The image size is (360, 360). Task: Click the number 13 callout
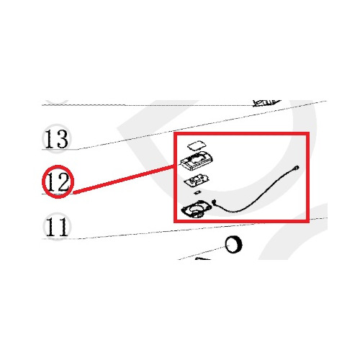56,139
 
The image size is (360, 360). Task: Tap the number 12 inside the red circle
58,181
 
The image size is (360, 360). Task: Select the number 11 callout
57,227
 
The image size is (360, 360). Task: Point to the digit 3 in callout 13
63,139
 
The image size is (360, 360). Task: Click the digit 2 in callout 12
63,181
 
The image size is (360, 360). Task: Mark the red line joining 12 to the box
124,179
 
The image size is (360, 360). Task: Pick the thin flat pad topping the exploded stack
197,145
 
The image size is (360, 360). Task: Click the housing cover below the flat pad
197,161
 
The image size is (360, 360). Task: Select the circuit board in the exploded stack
197,180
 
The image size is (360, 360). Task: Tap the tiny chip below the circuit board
197,192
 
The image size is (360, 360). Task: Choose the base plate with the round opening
197,210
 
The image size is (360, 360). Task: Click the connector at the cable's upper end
297,168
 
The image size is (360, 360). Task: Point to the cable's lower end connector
215,202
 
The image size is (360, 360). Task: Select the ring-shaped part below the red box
233,245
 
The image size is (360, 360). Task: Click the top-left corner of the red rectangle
175,133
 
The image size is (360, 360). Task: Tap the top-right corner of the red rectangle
307,133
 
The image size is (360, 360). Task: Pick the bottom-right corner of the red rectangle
307,221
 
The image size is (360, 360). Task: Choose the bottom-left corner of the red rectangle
175,221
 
